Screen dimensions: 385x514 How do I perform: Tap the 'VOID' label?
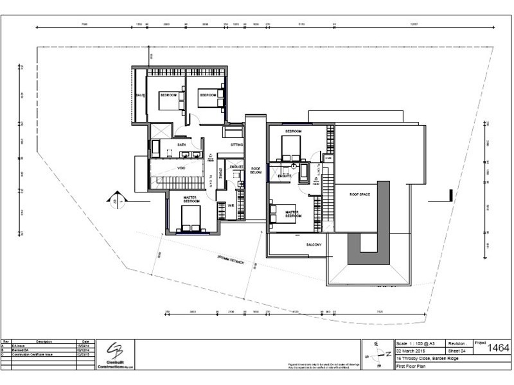pos(182,167)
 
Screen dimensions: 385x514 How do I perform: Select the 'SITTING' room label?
pos(236,145)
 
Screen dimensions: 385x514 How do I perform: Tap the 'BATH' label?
pos(182,145)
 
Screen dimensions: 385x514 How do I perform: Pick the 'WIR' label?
pos(230,205)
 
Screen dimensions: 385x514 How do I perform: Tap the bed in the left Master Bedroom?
pos(189,225)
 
